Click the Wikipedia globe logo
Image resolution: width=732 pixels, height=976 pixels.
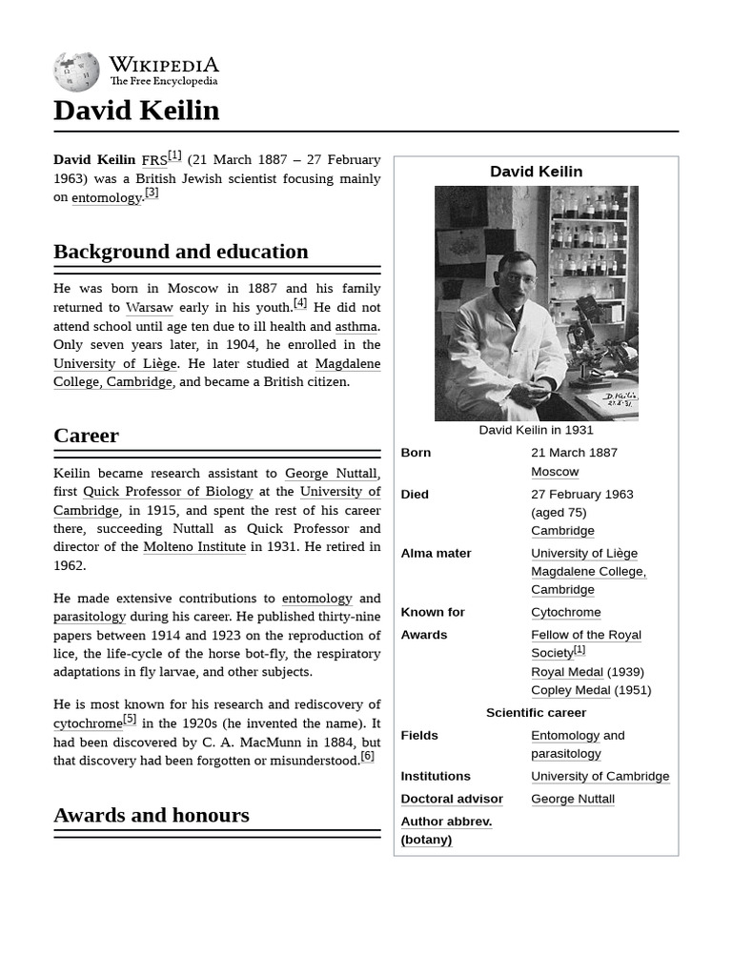(76, 71)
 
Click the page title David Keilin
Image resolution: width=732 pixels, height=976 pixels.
(136, 111)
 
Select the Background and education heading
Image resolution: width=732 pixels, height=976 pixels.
(181, 252)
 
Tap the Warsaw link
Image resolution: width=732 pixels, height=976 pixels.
(150, 308)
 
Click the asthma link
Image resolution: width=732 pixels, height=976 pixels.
(356, 326)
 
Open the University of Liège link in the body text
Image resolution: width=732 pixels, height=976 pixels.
(115, 363)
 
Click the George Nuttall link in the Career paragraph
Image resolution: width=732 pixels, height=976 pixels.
(331, 474)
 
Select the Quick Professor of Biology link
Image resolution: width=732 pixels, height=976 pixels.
(168, 492)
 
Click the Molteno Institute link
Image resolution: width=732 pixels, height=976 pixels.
(194, 547)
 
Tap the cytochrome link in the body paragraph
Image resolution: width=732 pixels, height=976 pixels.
(88, 724)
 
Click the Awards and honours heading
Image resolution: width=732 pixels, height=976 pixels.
(152, 815)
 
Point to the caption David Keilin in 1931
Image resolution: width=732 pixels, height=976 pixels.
(536, 430)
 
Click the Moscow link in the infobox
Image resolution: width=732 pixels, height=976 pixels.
(555, 472)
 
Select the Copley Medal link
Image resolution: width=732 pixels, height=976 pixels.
(570, 690)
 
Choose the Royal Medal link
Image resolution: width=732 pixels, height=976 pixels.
(567, 672)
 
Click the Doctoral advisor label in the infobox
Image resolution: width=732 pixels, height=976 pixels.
(452, 799)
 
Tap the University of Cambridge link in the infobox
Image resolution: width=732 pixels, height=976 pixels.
(600, 776)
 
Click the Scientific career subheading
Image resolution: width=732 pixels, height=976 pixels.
(536, 713)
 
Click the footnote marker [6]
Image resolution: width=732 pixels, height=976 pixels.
(367, 757)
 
